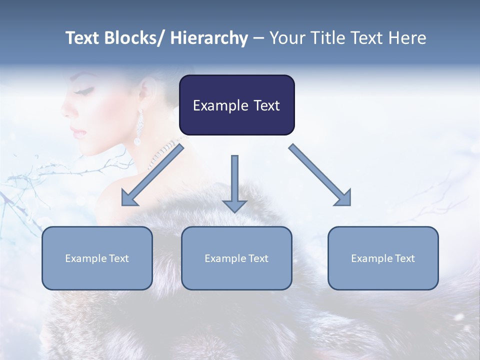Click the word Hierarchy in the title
(209, 38)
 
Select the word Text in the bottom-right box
(404, 258)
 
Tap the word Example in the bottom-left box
(86, 258)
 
